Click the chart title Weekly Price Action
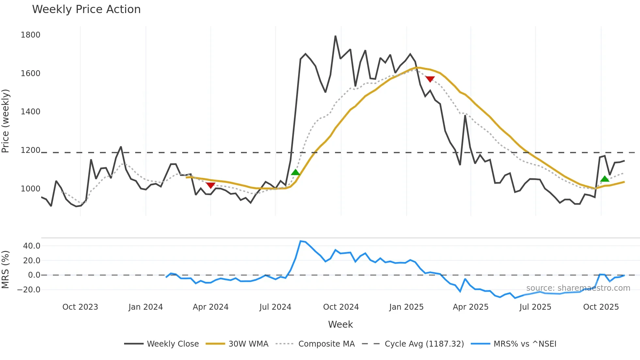86,9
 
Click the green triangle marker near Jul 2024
295,172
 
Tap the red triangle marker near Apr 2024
211,185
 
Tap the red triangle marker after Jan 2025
430,79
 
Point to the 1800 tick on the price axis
30,35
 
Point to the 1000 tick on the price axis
30,189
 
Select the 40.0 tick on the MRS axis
32,246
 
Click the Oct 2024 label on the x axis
341,307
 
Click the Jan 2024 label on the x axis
145,307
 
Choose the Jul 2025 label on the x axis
535,307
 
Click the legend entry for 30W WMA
248,344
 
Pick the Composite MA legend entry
326,344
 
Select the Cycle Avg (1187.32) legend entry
424,344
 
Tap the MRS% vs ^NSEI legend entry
525,344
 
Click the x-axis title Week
340,324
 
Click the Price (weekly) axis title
5,121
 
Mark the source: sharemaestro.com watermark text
578,288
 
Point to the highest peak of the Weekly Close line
335,36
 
